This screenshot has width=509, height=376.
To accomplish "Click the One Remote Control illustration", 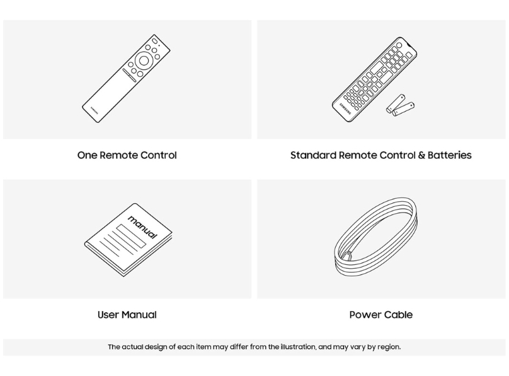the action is point(126,78).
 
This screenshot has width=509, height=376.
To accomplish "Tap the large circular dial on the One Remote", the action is point(144,61).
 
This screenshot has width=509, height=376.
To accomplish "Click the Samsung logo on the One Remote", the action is point(94,110).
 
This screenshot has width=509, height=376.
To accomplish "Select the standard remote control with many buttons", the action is point(374,79).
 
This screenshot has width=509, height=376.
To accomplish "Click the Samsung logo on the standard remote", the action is point(345,109).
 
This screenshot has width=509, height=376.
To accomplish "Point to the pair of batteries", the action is point(401,105).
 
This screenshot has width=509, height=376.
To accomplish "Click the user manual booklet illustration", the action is point(129,240).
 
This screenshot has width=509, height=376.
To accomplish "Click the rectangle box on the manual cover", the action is point(131,236).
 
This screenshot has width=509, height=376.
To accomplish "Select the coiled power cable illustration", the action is point(375,236).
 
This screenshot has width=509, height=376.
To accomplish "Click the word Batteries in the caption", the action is point(449,155).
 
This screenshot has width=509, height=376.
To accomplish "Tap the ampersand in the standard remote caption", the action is point(421,155).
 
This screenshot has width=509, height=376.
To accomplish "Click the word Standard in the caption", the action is point(313,155).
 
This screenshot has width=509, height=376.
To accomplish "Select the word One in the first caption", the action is point(87,155).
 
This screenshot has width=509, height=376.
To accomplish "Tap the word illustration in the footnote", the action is point(298,347).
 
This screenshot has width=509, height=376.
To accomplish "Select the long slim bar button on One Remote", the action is point(130,76).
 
